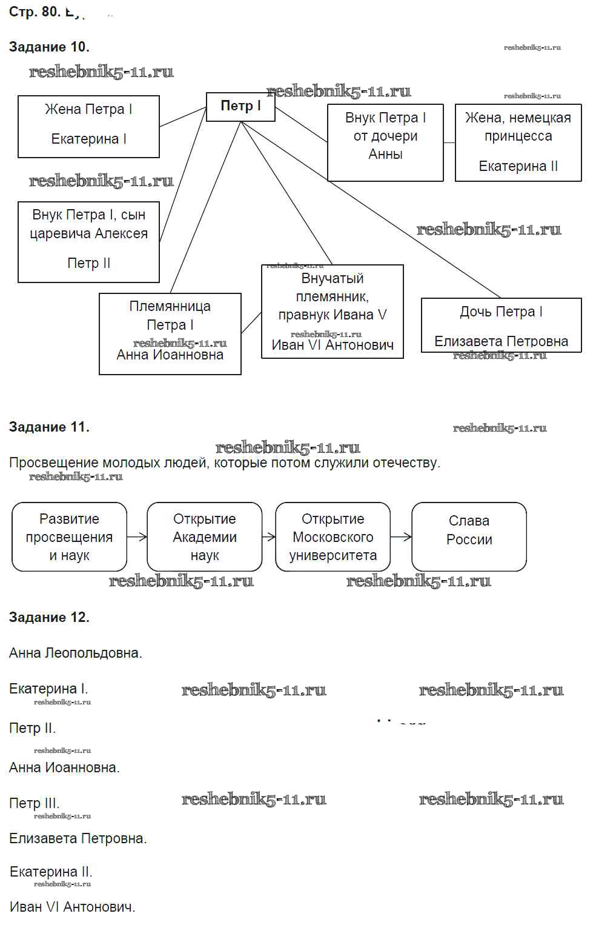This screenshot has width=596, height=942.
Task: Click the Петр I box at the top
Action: coord(240,107)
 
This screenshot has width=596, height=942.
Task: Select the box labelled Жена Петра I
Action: coord(88,126)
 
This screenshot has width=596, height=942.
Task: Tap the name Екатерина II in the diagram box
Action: coord(518,166)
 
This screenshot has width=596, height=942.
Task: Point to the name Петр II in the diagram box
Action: coord(88,263)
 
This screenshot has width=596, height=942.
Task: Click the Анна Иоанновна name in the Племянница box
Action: coord(170,355)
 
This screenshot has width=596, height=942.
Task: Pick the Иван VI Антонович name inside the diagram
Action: coord(332,346)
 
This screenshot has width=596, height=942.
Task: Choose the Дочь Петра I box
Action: coord(501,325)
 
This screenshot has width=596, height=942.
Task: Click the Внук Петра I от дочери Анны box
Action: coord(385,142)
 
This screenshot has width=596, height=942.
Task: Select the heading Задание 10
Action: coord(49,47)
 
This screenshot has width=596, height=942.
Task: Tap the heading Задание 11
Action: coord(49,427)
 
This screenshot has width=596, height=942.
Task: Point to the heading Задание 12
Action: coord(49,618)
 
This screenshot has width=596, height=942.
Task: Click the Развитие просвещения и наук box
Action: coord(69,537)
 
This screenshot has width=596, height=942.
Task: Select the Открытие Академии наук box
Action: coord(204,537)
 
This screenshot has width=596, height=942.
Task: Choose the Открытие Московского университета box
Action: coord(333,537)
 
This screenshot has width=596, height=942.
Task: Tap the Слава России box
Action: coord(469,537)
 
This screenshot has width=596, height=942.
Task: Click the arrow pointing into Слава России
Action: coord(401,536)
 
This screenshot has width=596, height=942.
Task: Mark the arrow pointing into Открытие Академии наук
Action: coord(137,536)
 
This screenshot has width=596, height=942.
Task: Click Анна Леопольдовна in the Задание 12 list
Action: coord(75,653)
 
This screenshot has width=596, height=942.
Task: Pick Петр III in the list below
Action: coord(34,803)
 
